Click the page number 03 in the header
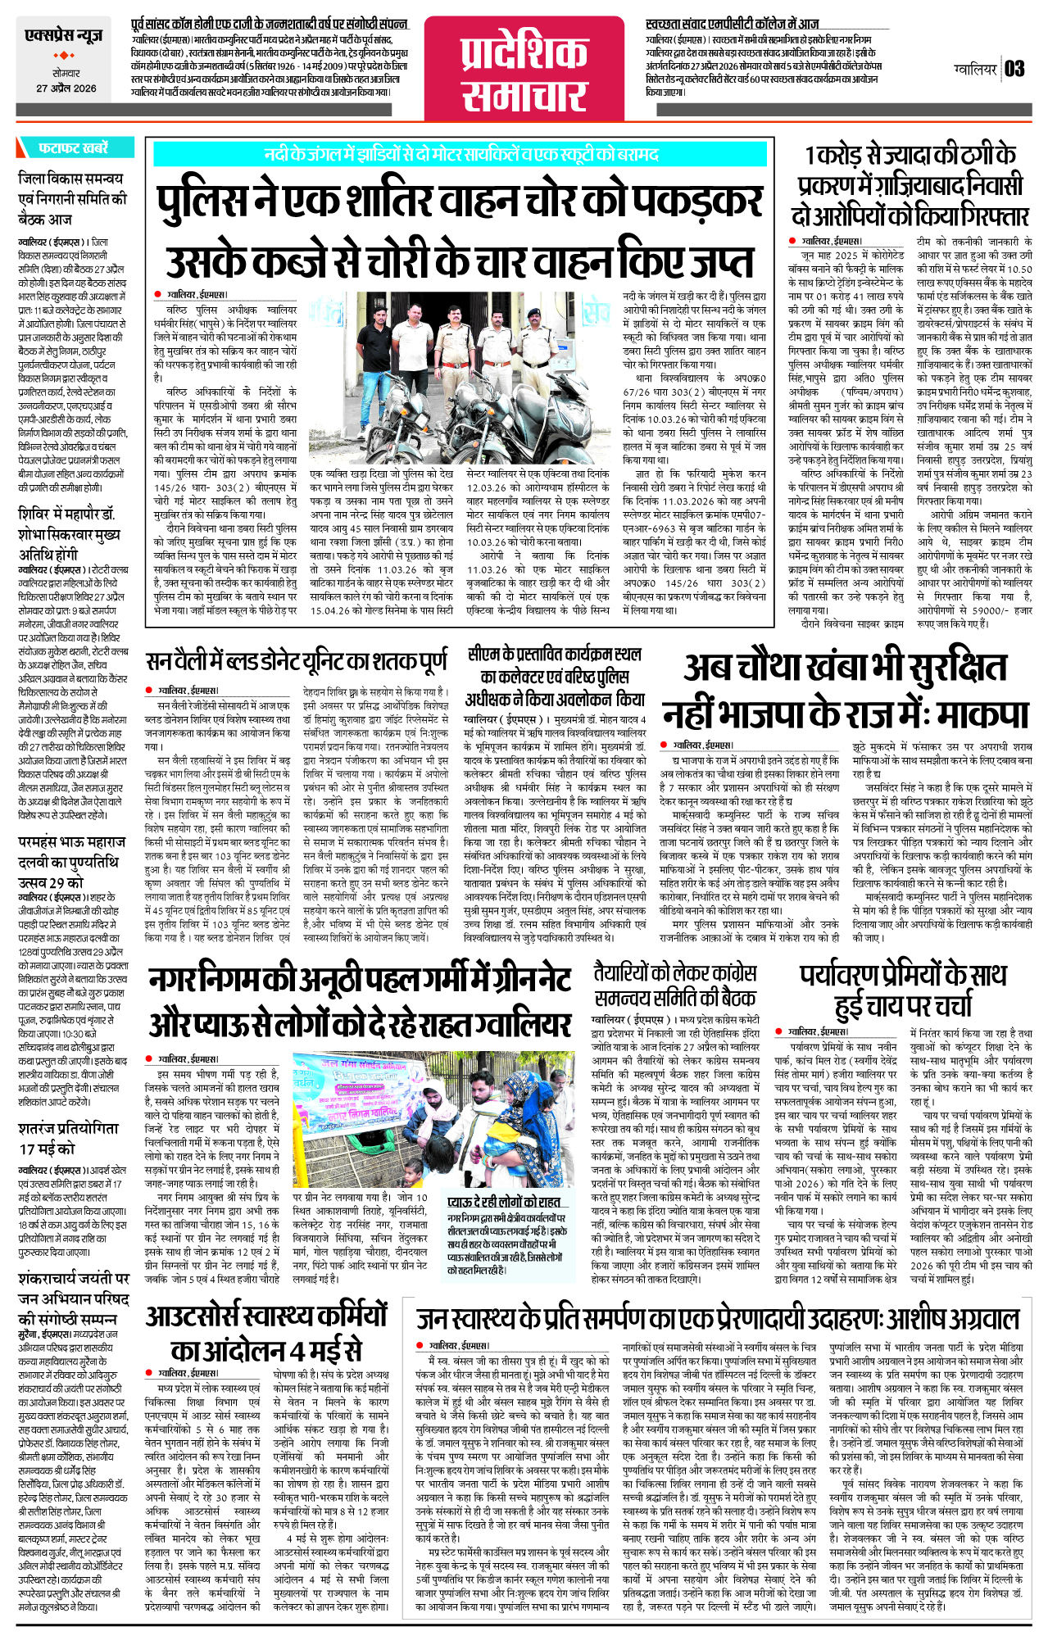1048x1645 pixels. coord(1014,69)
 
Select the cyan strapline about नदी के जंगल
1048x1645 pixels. coord(460,154)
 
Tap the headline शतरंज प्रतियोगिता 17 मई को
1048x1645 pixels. coord(69,1138)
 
